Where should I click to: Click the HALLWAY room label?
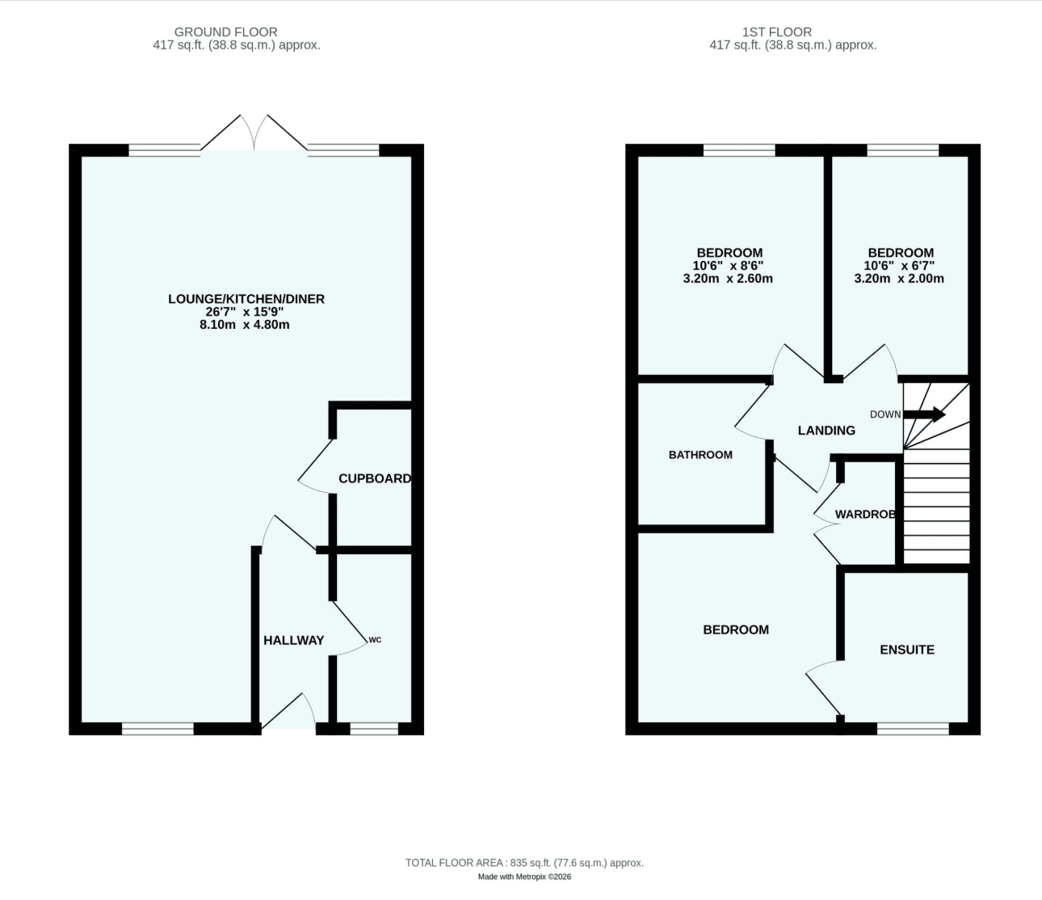(293, 641)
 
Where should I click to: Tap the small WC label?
(375, 640)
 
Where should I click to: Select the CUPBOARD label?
(375, 478)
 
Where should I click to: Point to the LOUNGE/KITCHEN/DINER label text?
(246, 299)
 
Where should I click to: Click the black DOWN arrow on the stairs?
(924, 414)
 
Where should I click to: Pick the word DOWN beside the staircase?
(885, 414)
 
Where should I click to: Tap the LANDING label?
(826, 431)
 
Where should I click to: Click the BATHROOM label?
(700, 455)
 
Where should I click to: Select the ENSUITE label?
(907, 650)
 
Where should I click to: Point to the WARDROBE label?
(865, 515)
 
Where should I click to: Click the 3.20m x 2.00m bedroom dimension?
(899, 279)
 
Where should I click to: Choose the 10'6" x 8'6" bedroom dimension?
(728, 266)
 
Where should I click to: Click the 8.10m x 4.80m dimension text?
(245, 325)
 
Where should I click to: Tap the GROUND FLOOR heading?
(226, 32)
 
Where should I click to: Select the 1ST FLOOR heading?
(777, 32)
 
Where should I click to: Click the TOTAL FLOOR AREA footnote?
(524, 863)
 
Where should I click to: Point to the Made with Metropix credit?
(524, 877)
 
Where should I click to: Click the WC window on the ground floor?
(374, 729)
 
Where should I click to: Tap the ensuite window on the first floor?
(913, 729)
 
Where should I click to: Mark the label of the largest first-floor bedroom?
(736, 629)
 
